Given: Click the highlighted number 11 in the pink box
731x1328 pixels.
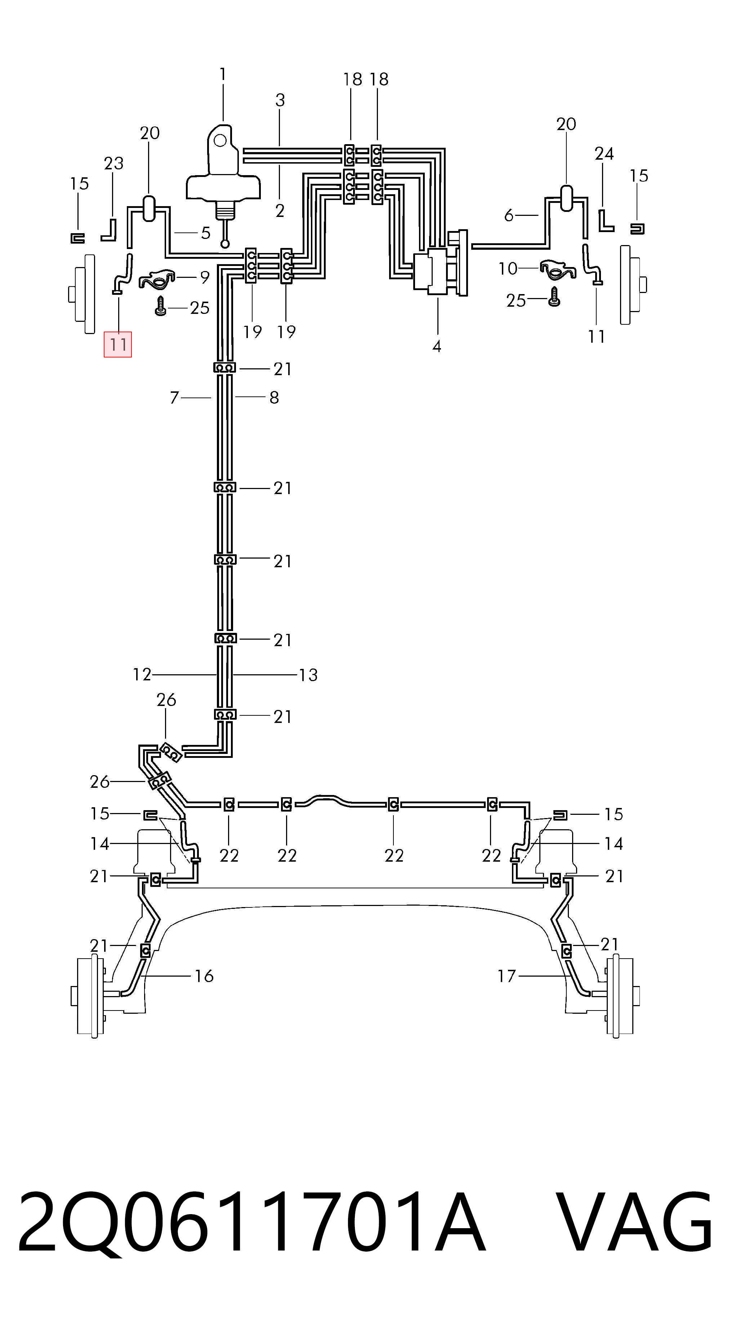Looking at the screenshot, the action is coord(118,345).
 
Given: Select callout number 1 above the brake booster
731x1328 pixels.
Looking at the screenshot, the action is coord(223,75).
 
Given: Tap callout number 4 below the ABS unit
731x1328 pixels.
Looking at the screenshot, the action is coord(437,346).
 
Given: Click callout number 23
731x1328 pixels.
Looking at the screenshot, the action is coord(114,163).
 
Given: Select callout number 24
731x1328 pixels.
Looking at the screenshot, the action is coord(604,154).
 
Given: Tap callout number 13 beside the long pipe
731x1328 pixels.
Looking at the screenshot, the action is coord(308,675).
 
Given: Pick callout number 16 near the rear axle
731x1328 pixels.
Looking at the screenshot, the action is coord(204,976).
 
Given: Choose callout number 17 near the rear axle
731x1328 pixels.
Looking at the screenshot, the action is coord(506,976).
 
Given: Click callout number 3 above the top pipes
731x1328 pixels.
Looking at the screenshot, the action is coord(280,100).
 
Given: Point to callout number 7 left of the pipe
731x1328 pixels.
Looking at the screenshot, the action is coord(174,398).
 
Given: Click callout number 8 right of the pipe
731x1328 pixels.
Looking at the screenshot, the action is coord(274,397).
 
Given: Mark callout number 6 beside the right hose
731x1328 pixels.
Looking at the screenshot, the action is coord(509,216).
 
